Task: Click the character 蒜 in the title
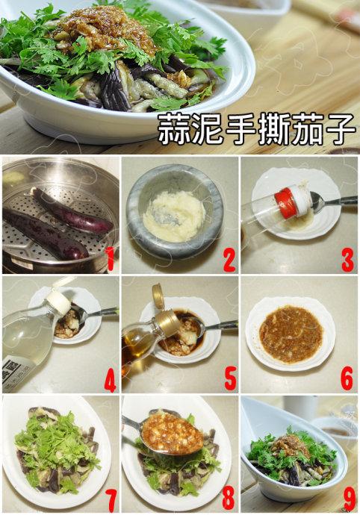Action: (173, 130)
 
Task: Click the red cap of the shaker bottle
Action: (285, 202)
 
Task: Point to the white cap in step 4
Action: (58, 301)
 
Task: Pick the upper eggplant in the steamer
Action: (72, 210)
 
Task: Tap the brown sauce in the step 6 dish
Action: (291, 334)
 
